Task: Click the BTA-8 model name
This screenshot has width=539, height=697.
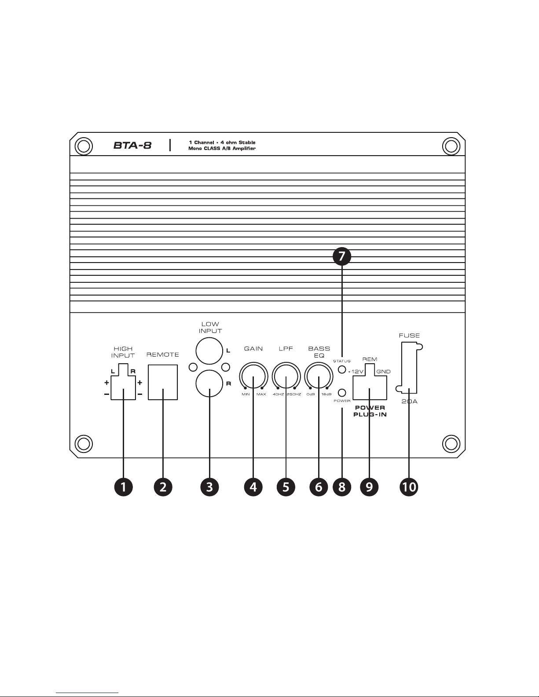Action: pos(132,145)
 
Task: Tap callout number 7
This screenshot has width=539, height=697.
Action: pos(342,256)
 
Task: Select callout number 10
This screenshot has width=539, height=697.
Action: pos(409,487)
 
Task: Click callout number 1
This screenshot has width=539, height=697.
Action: pos(124,487)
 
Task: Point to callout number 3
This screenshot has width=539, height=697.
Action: pos(209,487)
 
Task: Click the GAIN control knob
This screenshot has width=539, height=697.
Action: pos(253,377)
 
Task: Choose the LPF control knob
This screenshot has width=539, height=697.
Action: pos(286,377)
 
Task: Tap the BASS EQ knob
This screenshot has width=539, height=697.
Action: pos(319,377)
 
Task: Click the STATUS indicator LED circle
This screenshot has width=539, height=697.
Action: pos(342,369)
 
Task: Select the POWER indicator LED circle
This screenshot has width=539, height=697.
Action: pos(342,393)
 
